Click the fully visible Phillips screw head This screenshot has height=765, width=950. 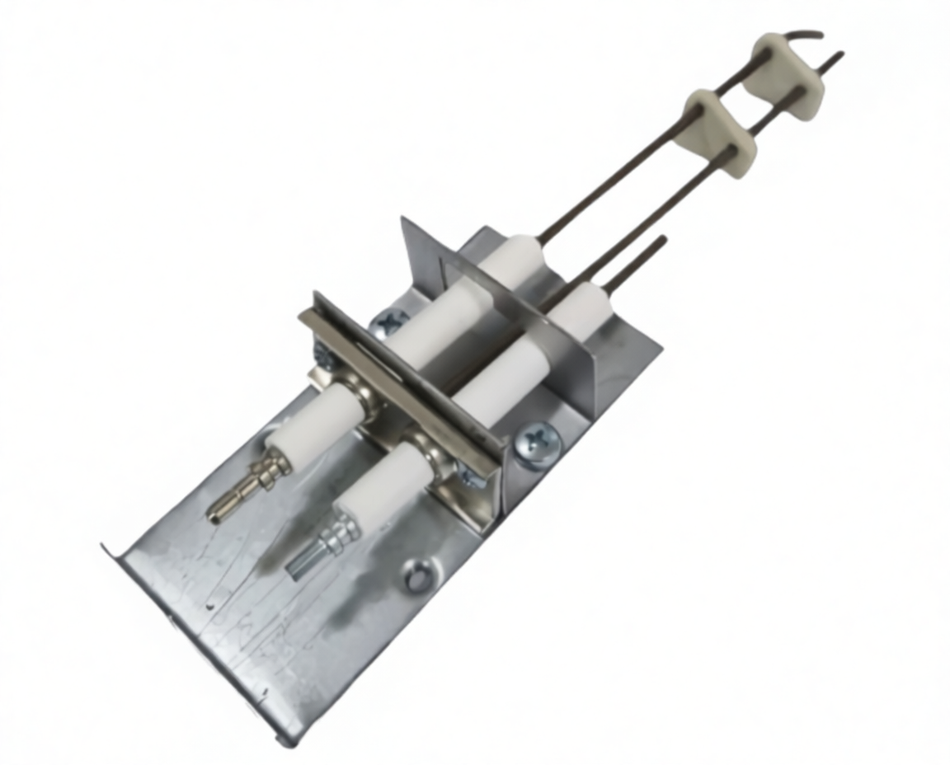tap(537, 446)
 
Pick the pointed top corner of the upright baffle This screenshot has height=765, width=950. tap(403, 220)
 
